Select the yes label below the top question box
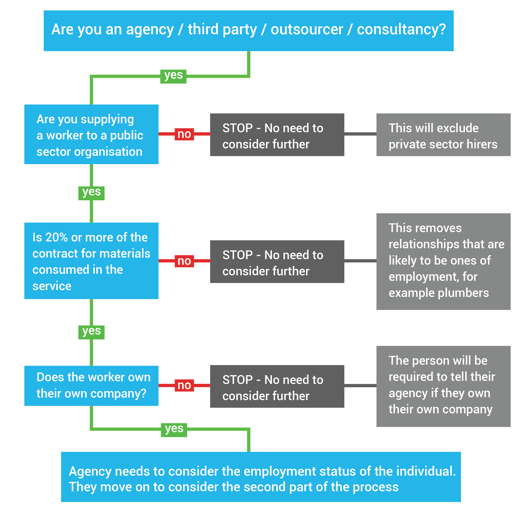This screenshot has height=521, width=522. (173, 76)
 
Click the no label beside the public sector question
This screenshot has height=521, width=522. (184, 134)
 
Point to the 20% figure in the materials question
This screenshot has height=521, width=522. (56, 237)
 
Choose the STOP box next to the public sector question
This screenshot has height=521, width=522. (277, 135)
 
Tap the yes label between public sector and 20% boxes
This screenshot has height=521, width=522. (91, 193)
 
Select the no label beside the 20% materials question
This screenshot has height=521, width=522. (184, 261)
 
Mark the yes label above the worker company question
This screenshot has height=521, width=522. (91, 332)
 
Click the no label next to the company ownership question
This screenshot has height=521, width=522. (184, 385)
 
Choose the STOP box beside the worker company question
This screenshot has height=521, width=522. (277, 386)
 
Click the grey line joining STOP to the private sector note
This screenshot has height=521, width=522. (360, 134)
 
